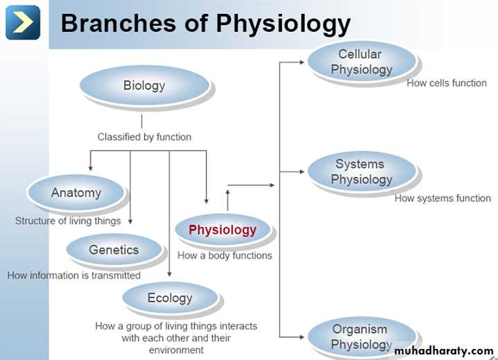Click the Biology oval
tap(144, 86)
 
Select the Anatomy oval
tap(76, 193)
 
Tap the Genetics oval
tap(114, 250)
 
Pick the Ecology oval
tap(170, 298)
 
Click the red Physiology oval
tap(223, 230)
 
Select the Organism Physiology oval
tap(361, 336)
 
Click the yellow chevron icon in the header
tap(23, 22)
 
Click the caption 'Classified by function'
tap(144, 137)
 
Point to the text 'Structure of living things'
tap(68, 221)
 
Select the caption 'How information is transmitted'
tap(74, 275)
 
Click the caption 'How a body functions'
tap(225, 255)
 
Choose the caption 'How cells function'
tap(447, 83)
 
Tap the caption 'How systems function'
tap(443, 198)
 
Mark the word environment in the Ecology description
tap(176, 350)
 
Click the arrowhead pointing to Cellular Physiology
tap(301, 62)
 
